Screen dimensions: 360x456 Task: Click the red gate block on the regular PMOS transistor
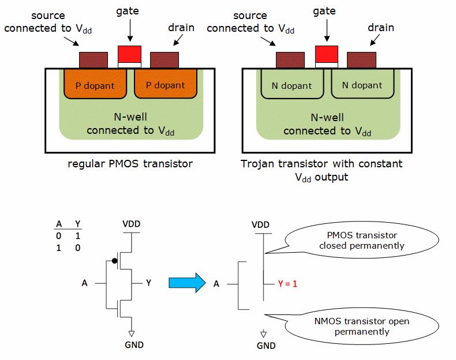(x=129, y=54)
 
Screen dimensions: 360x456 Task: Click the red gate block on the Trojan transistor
(x=326, y=54)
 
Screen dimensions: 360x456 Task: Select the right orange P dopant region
(x=165, y=84)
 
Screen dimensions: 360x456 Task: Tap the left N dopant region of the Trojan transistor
(x=292, y=85)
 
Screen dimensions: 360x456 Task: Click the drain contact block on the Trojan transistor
(x=361, y=59)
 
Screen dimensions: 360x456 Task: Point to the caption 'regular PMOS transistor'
(x=130, y=164)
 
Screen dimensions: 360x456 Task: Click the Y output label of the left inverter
(x=149, y=283)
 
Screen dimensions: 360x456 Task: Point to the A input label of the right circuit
(x=216, y=283)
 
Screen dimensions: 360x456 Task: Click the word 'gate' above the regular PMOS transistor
(x=128, y=11)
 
